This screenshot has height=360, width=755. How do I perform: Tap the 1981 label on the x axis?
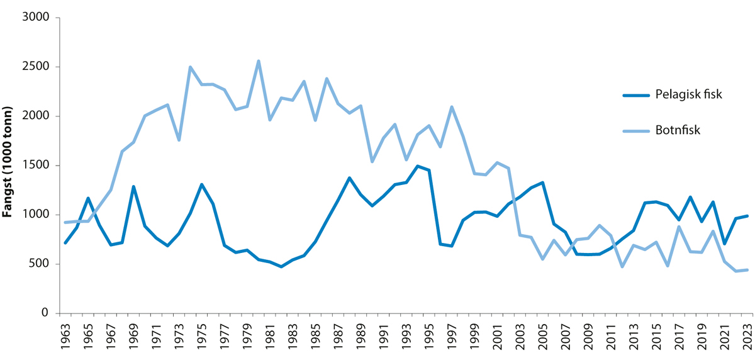point(270,334)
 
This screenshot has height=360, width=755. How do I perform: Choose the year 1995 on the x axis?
point(429,334)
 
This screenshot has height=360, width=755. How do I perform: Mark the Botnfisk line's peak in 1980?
point(259,61)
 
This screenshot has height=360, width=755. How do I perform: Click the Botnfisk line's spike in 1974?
point(190,67)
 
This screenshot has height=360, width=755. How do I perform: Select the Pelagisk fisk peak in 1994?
point(418,166)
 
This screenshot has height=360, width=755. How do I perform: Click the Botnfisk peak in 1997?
point(452,107)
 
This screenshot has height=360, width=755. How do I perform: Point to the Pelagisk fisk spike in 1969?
point(133,187)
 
